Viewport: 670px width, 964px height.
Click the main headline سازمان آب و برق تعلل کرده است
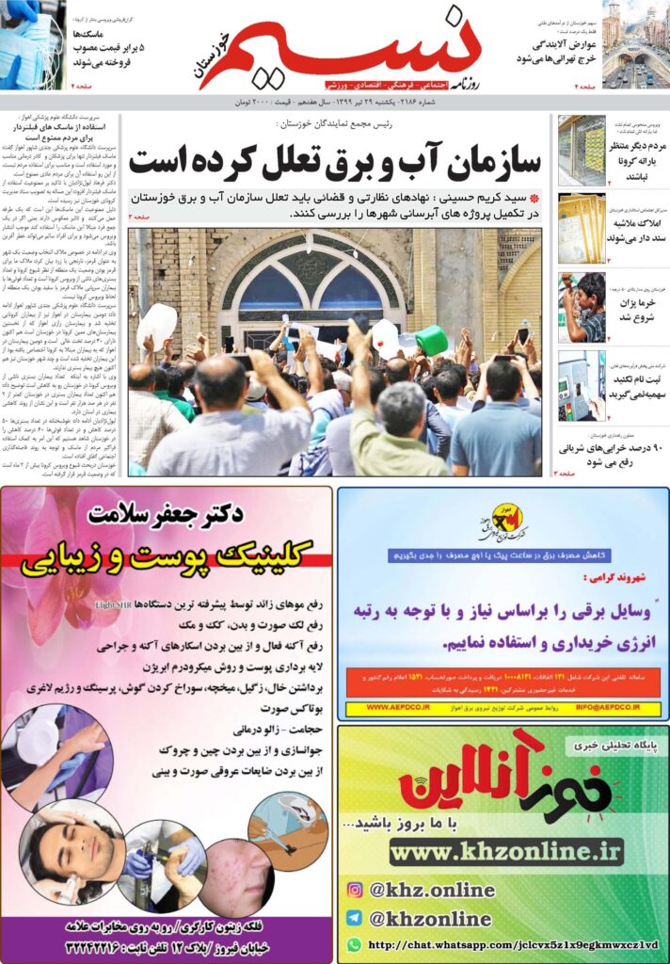334,161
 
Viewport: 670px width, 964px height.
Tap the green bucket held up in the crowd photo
430,340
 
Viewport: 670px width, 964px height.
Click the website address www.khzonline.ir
506,852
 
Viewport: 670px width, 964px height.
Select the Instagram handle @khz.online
432,890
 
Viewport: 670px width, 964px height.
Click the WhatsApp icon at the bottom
354,944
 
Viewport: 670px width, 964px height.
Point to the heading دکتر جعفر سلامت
166,514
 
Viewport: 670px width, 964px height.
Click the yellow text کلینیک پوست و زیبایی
166,560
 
